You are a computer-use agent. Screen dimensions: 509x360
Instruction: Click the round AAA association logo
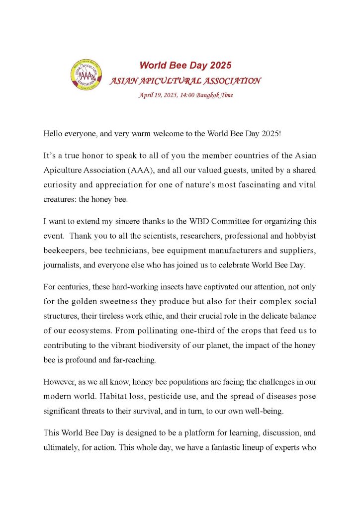click(x=88, y=77)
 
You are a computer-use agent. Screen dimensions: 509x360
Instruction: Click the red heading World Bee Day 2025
click(x=185, y=65)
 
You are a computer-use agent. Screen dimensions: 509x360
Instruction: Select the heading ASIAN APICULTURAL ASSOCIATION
click(x=185, y=81)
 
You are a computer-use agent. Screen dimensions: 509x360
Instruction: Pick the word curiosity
click(x=62, y=184)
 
